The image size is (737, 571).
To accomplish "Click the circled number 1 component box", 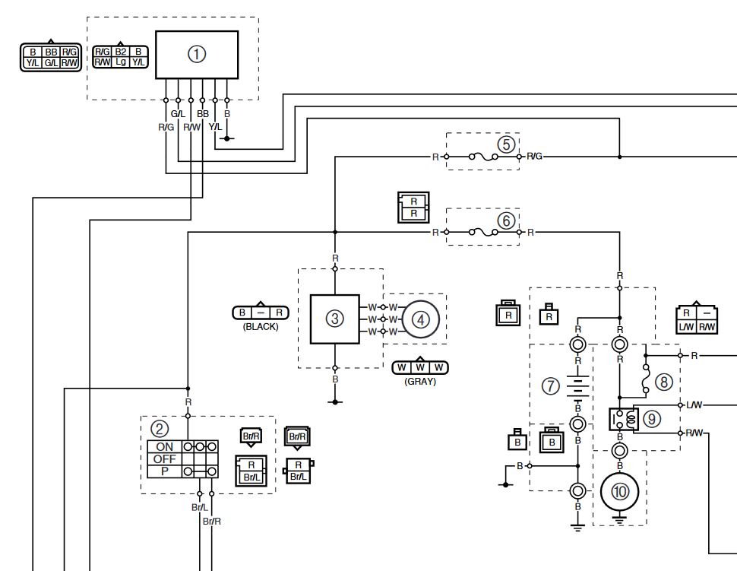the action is coord(197,55).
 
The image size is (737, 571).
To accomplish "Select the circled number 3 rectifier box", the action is coord(334,319).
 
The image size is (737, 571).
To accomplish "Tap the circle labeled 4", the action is coord(421,320).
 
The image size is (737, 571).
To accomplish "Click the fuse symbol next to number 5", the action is coord(483,157).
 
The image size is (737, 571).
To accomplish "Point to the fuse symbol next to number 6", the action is coord(483,232).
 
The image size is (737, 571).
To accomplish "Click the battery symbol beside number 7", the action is coord(577,386).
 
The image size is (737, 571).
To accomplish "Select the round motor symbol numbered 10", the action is coord(619,491).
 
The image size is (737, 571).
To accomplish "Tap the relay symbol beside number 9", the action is coord(624,419).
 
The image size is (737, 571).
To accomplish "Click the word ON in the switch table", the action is coord(165,446).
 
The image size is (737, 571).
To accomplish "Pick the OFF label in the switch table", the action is coord(165,458).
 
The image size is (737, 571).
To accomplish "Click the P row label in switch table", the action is coord(165,471).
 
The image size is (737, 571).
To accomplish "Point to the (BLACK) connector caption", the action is coord(261,326).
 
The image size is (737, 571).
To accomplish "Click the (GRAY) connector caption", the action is coord(420,382).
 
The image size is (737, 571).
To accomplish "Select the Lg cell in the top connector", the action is coord(121,62).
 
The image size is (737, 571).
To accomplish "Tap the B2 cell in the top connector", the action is coord(121,52).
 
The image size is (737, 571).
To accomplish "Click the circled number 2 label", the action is coord(160,429).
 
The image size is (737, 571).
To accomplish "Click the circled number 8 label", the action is coord(663,382).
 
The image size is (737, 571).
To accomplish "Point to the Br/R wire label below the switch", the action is coord(212,521).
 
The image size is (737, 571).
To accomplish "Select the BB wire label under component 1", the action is coord(203,114).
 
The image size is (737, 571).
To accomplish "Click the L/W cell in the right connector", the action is coord(686,327).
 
